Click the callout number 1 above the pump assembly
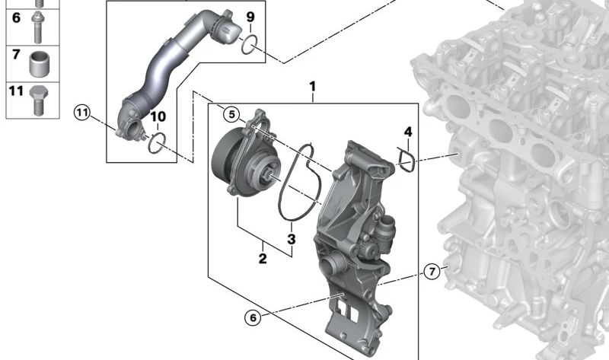pos(312,88)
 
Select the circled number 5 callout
pos(232,115)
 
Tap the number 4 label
pos(407,132)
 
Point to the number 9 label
pos(250,17)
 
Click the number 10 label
pos(157,116)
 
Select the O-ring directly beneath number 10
pos(156,142)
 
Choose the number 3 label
pos(291,241)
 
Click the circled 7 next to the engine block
pos(432,271)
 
